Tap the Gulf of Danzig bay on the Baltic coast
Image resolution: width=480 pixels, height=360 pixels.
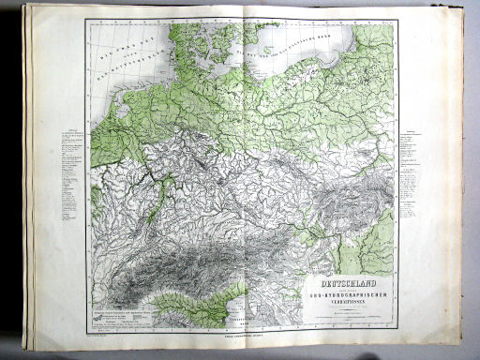(x=367, y=52)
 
